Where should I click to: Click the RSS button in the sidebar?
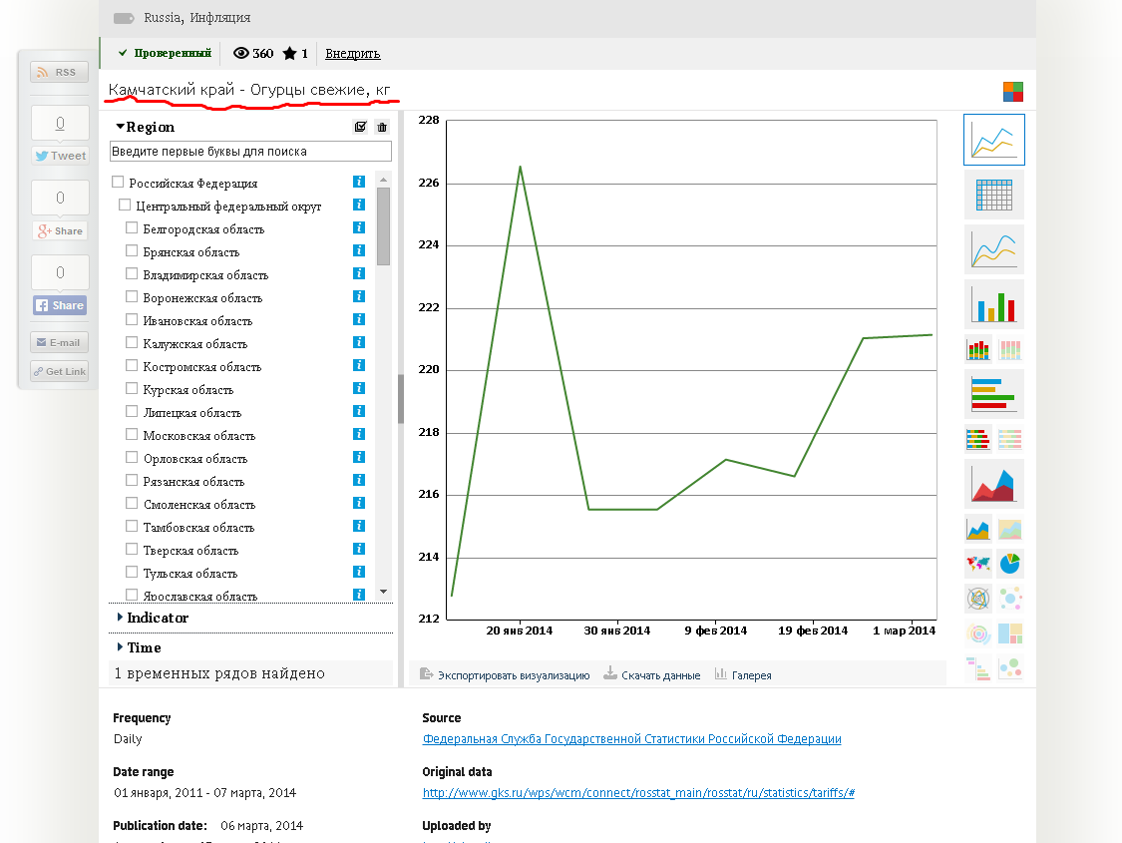60,72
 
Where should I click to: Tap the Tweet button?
60,156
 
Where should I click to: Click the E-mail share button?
60,343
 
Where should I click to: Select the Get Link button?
60,371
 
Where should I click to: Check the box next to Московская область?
132,434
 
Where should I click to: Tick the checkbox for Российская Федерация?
118,183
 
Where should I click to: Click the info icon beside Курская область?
359,389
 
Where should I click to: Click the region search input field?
250,151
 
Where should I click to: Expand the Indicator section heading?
154,618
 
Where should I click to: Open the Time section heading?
140,647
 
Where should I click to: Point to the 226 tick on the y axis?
429,184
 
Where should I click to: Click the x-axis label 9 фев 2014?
715,631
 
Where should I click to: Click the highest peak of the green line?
521,167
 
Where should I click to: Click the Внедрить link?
353,54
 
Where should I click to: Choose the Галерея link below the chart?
743,674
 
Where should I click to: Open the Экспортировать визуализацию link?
505,674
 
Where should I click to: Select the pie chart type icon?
1009,564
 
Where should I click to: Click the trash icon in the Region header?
382,127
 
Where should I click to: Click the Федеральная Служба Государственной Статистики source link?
632,739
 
